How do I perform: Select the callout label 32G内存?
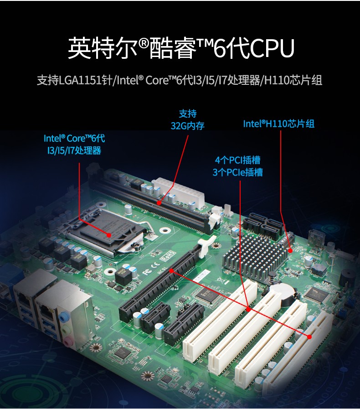click(187, 126)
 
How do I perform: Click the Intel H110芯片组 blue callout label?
click(279, 124)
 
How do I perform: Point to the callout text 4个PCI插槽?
click(237, 160)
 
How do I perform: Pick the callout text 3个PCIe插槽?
click(237, 172)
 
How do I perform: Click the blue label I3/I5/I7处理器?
click(74, 150)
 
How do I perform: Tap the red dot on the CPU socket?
click(109, 235)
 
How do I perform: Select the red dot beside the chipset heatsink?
click(290, 251)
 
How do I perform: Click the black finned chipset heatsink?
click(250, 256)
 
